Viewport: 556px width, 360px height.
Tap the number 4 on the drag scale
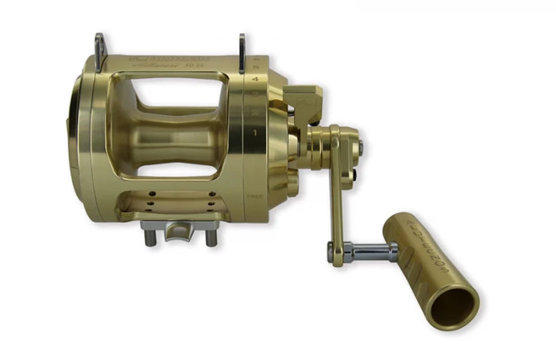pos(253,80)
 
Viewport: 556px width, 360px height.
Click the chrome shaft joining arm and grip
pos(369,254)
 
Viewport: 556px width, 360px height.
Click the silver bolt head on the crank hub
pos(361,145)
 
